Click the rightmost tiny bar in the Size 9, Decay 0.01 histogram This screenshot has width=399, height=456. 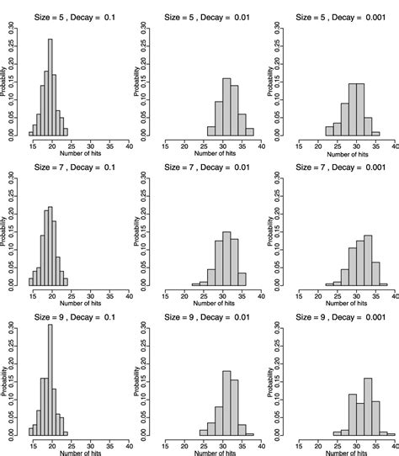click(250, 433)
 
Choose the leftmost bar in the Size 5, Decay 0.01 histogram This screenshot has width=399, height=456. click(211, 130)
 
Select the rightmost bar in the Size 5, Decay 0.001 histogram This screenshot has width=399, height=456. click(375, 132)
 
